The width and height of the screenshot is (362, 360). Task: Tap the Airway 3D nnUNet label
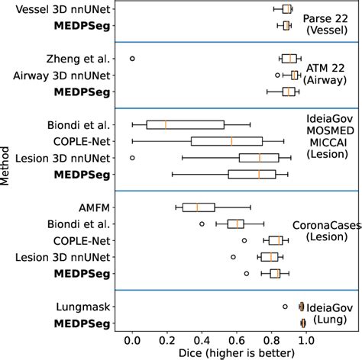[x=63, y=76]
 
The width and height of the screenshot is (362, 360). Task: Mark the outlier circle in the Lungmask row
[x=285, y=307]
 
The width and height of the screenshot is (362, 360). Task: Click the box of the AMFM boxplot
[x=199, y=207]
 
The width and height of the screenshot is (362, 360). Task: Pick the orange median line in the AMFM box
[x=197, y=207]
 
